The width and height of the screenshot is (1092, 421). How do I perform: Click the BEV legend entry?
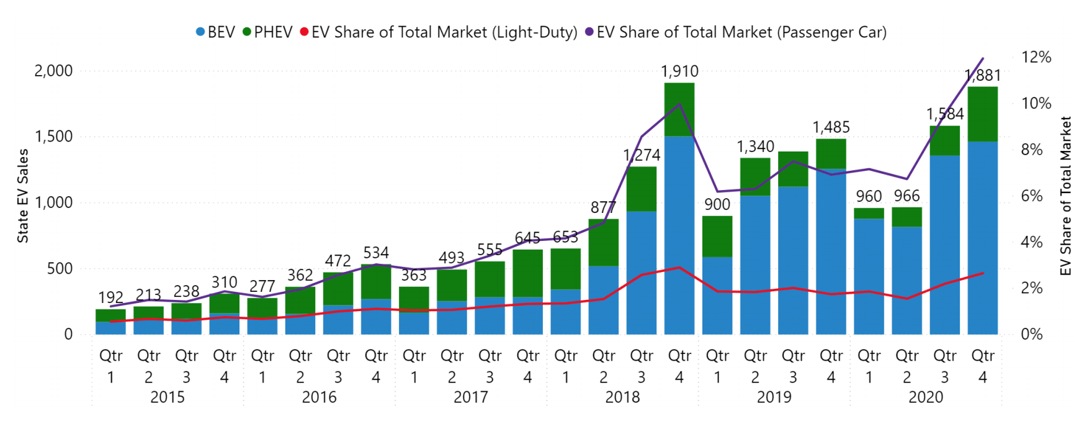(215, 32)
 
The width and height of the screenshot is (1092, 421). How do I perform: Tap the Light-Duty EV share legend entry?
(439, 32)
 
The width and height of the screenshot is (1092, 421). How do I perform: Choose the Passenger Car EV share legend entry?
(736, 32)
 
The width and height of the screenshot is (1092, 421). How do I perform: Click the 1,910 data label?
(679, 71)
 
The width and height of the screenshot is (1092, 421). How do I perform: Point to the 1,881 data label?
(983, 76)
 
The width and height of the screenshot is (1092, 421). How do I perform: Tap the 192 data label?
(110, 297)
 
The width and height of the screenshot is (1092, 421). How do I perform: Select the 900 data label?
(717, 204)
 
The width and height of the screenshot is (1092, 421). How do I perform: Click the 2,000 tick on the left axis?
(53, 71)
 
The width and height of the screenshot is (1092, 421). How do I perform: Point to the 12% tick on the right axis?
(1036, 57)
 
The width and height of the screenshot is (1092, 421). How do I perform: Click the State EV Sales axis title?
(23, 196)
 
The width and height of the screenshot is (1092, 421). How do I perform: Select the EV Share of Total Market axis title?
(1066, 196)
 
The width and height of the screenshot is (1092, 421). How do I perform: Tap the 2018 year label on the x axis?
(622, 397)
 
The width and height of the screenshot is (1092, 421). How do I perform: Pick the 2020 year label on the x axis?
(926, 397)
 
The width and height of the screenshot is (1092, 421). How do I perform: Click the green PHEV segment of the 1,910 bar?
(679, 109)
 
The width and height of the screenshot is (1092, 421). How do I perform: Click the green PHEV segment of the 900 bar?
(717, 237)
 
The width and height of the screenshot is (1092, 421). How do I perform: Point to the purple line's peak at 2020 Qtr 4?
(983, 59)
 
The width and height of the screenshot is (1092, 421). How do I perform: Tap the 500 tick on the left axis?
(60, 269)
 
